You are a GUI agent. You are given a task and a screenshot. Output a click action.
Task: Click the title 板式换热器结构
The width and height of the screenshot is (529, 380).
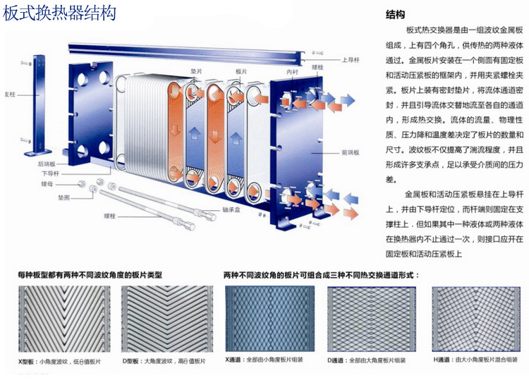60,13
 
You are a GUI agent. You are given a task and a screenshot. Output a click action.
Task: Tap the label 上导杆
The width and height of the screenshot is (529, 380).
352,60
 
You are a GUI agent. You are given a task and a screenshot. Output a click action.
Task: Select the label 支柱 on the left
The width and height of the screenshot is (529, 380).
10,93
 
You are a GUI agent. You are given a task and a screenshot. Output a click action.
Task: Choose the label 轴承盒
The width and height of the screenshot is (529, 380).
232,209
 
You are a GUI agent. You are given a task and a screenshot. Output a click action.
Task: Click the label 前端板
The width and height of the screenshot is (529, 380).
351,152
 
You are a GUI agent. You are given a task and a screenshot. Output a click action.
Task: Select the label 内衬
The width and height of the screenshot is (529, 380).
292,73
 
